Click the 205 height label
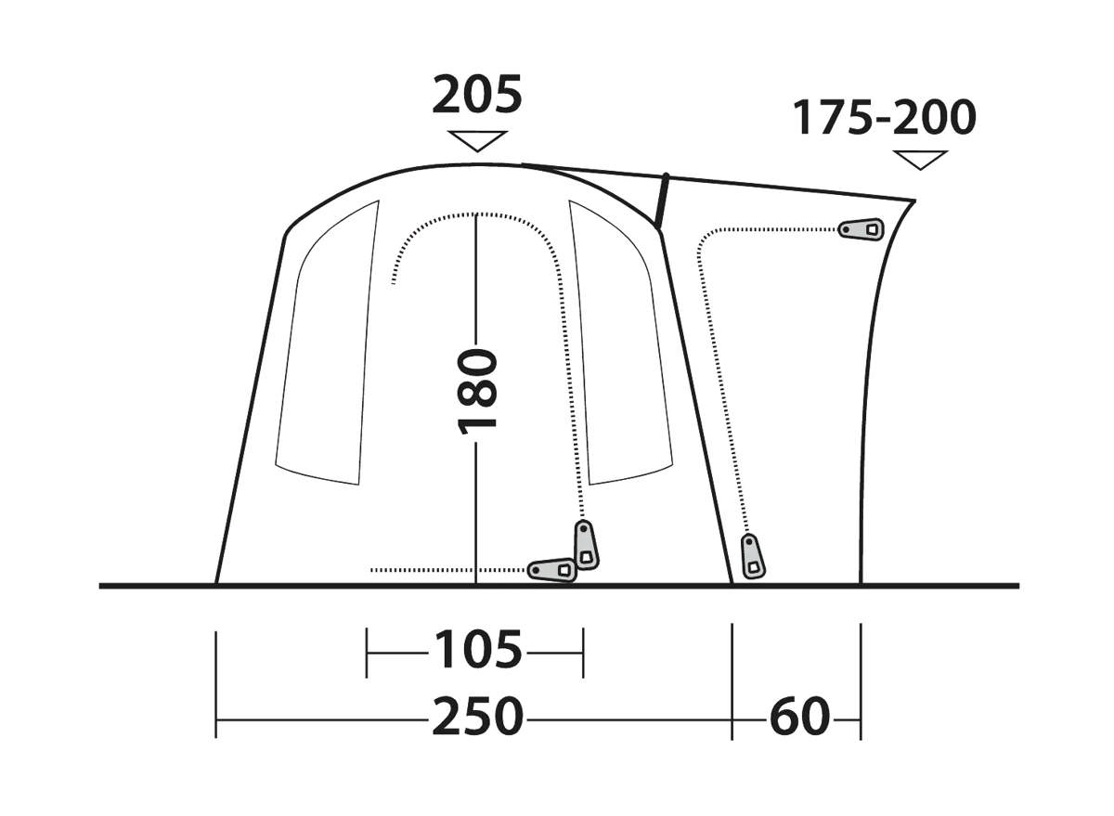(477, 94)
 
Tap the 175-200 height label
(884, 117)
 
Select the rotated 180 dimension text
(476, 392)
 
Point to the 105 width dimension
(477, 650)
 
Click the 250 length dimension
(477, 717)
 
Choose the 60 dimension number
(799, 717)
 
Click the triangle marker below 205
(477, 141)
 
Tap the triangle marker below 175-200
(920, 160)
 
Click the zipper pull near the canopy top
(861, 228)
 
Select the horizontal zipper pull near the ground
(551, 570)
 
